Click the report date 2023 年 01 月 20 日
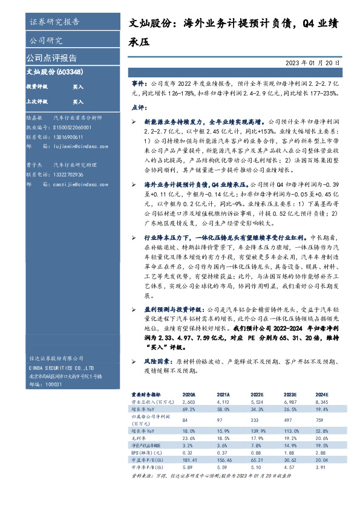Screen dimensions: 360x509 (x=316, y=62)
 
